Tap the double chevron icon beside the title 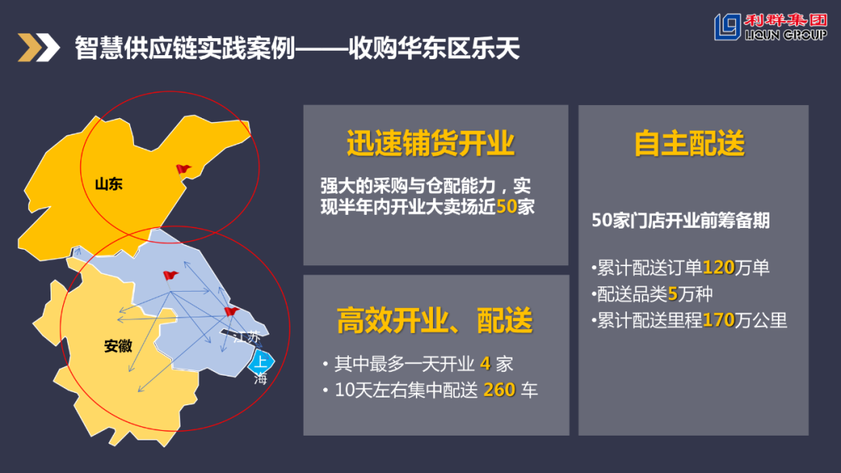[x=39, y=48]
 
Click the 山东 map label [x=109, y=184]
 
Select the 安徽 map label [x=118, y=346]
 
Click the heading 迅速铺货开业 [x=431, y=144]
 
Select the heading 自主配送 [x=690, y=144]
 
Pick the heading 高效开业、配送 [x=435, y=320]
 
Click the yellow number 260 [x=499, y=390]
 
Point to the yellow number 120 [x=719, y=268]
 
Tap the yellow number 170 [x=719, y=320]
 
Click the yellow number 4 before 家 [x=484, y=363]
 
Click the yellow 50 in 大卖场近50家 [x=507, y=208]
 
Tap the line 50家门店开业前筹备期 [x=681, y=220]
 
